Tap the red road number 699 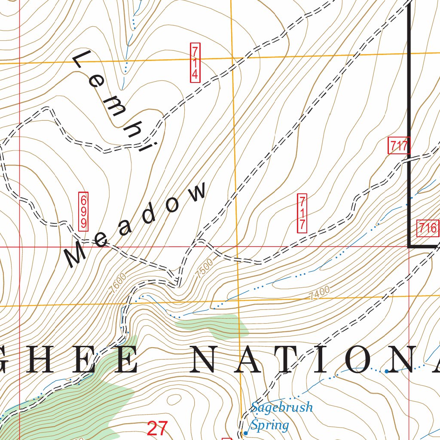click(x=83, y=211)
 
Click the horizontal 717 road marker click(x=399, y=146)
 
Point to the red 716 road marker click(x=428, y=228)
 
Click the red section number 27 click(x=157, y=428)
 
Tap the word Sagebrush click(x=281, y=407)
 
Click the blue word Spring click(x=269, y=425)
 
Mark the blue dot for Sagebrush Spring click(x=245, y=433)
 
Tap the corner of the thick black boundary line click(x=409, y=247)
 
